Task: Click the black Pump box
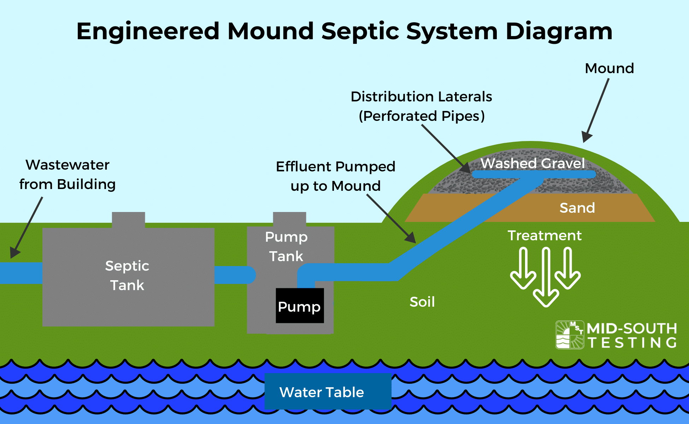click(300, 306)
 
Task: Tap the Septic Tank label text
click(127, 275)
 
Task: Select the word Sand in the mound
click(577, 208)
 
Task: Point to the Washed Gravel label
click(532, 163)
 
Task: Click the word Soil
click(422, 302)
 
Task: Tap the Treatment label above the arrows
click(544, 235)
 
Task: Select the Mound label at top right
click(609, 68)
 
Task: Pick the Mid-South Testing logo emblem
click(570, 335)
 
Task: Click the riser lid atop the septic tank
click(128, 220)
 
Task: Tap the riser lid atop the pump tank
click(289, 219)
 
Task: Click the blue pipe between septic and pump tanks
click(233, 275)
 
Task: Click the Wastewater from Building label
click(67, 175)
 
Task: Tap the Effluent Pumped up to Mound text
click(335, 176)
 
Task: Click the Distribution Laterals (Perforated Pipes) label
click(421, 106)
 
